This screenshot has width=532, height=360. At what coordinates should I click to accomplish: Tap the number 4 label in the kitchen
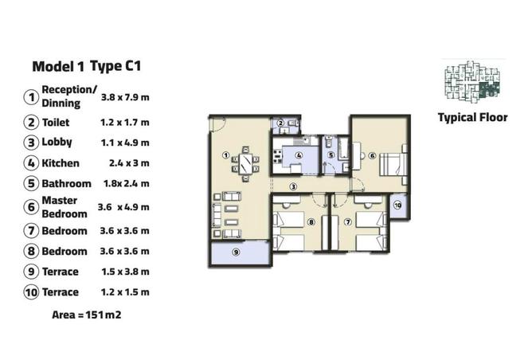(x=297, y=155)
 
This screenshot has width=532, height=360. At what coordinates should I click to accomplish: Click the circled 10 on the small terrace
(x=398, y=205)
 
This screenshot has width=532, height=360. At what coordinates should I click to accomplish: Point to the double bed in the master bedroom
(x=393, y=164)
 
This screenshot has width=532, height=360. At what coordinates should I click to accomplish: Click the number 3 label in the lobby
(x=293, y=186)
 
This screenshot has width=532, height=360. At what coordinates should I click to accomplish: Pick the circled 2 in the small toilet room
(x=280, y=123)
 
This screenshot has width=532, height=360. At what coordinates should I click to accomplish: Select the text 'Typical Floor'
(x=472, y=118)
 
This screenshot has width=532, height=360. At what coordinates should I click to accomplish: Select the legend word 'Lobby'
(x=57, y=143)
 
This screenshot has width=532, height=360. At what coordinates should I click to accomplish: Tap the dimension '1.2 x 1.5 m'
(x=126, y=292)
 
